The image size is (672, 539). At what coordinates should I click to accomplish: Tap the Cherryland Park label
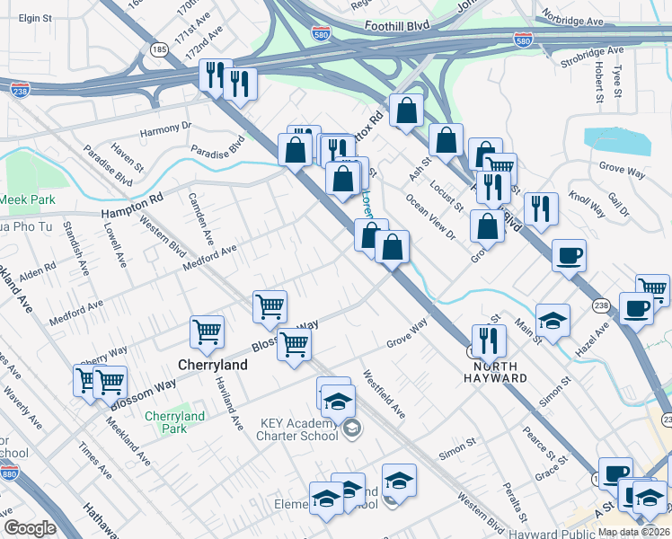click(x=175, y=422)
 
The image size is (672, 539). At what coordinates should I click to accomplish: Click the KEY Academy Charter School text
click(x=285, y=429)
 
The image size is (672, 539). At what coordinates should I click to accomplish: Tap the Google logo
click(x=30, y=528)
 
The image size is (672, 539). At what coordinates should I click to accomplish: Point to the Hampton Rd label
click(x=132, y=206)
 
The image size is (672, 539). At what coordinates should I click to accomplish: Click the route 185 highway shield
click(x=159, y=49)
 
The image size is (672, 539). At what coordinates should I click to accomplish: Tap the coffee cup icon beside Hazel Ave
click(x=636, y=308)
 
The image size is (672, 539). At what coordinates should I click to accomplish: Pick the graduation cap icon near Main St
click(x=553, y=319)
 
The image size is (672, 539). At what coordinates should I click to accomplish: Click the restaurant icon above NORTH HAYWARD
click(x=489, y=339)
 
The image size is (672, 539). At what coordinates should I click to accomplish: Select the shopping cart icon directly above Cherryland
click(x=208, y=331)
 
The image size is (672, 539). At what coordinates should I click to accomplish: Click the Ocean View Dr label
click(x=431, y=215)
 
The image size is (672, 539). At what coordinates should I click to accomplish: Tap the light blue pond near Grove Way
click(x=615, y=140)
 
